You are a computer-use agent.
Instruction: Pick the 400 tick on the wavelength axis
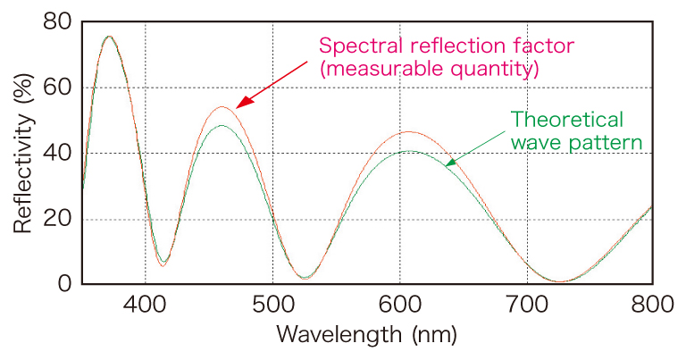146,306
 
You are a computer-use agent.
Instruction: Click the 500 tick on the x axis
272,306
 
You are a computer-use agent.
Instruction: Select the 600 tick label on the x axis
398,306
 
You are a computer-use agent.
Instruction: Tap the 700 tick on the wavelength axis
525,306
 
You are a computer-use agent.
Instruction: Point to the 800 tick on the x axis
651,306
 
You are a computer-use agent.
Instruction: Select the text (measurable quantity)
428,69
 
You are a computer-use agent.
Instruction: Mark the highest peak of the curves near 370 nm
109,37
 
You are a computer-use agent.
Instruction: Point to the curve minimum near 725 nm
558,281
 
